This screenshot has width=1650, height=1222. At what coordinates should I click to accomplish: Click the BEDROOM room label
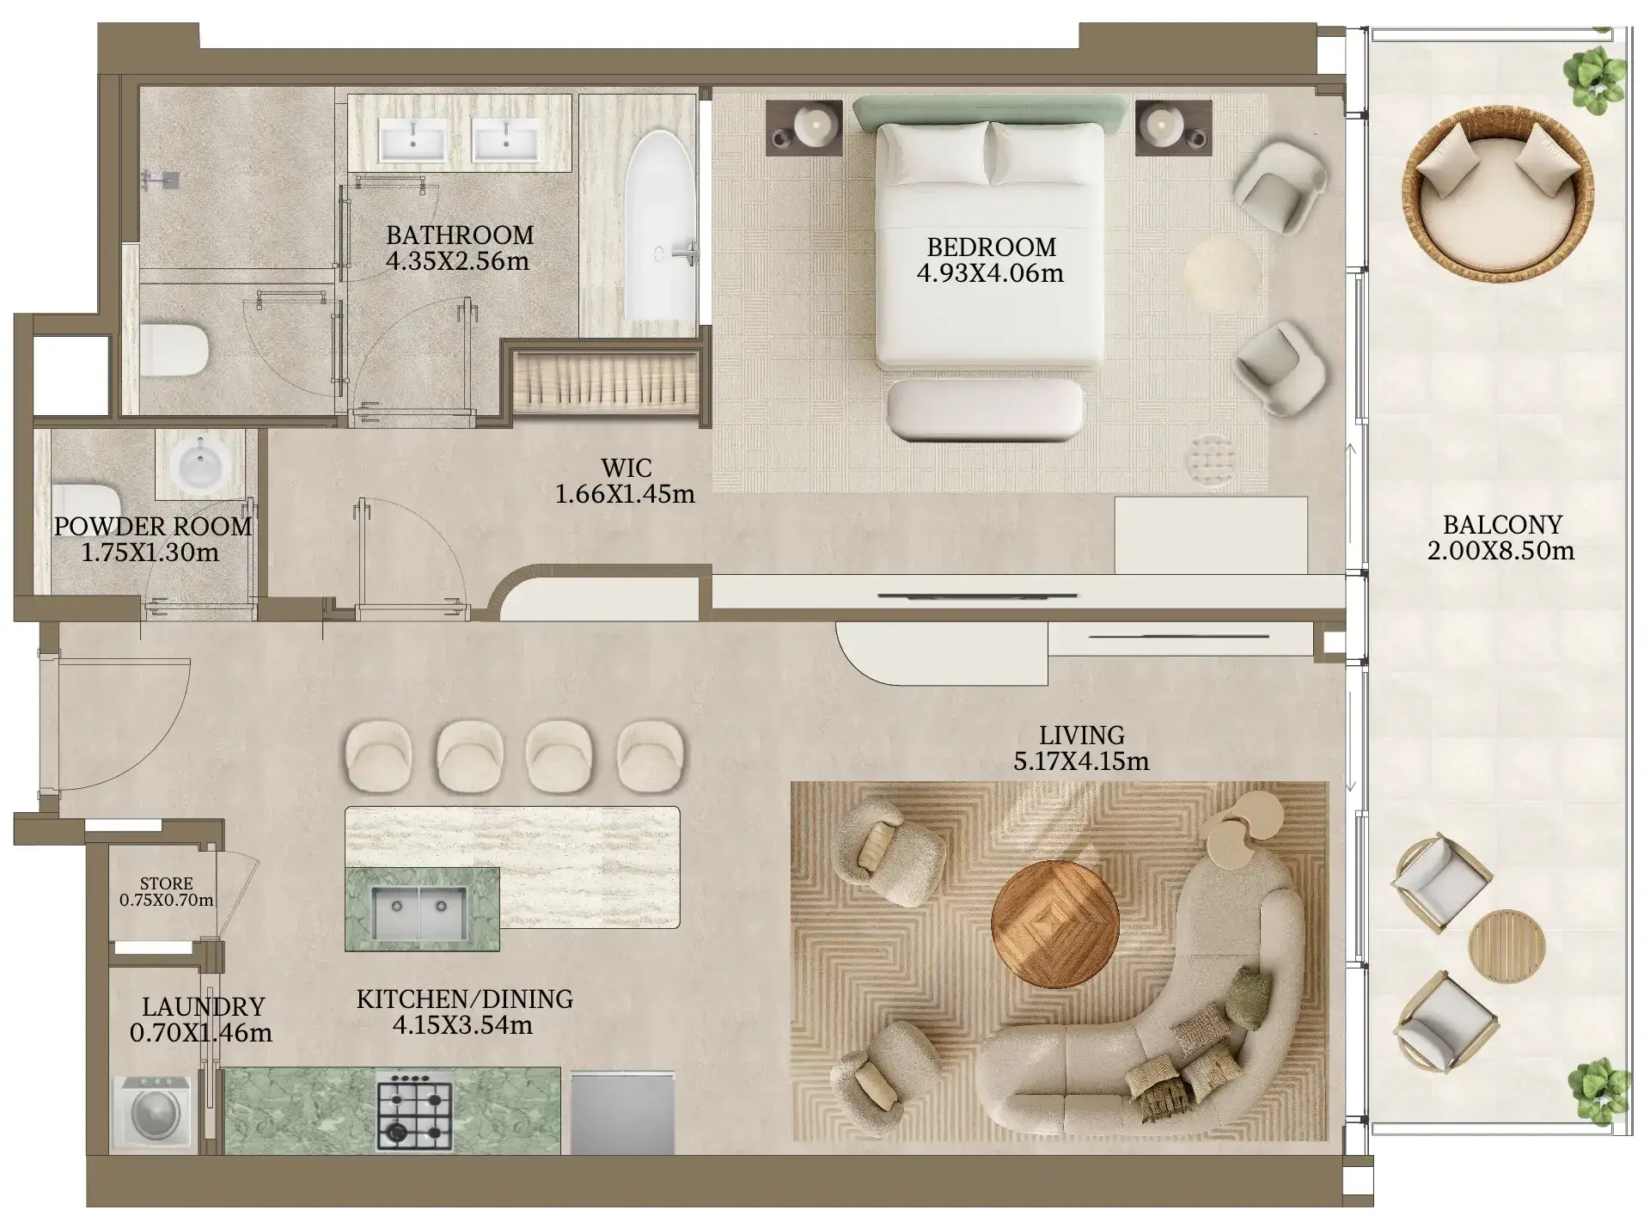(x=991, y=247)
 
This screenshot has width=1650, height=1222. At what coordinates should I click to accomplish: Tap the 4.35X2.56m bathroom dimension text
(x=458, y=261)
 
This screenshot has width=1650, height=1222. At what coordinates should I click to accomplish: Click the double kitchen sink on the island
(x=419, y=913)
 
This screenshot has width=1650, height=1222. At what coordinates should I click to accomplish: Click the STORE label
(x=167, y=883)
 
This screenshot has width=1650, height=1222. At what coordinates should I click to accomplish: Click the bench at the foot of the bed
(x=985, y=410)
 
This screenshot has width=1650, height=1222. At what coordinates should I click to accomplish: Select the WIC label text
(x=626, y=468)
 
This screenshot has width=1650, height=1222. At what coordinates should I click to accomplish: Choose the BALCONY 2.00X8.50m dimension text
(x=1501, y=551)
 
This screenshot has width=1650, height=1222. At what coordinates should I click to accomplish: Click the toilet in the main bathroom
(x=175, y=350)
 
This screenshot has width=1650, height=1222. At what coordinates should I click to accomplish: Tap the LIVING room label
(x=1081, y=736)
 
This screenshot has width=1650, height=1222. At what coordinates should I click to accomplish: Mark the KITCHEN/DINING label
(x=465, y=999)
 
